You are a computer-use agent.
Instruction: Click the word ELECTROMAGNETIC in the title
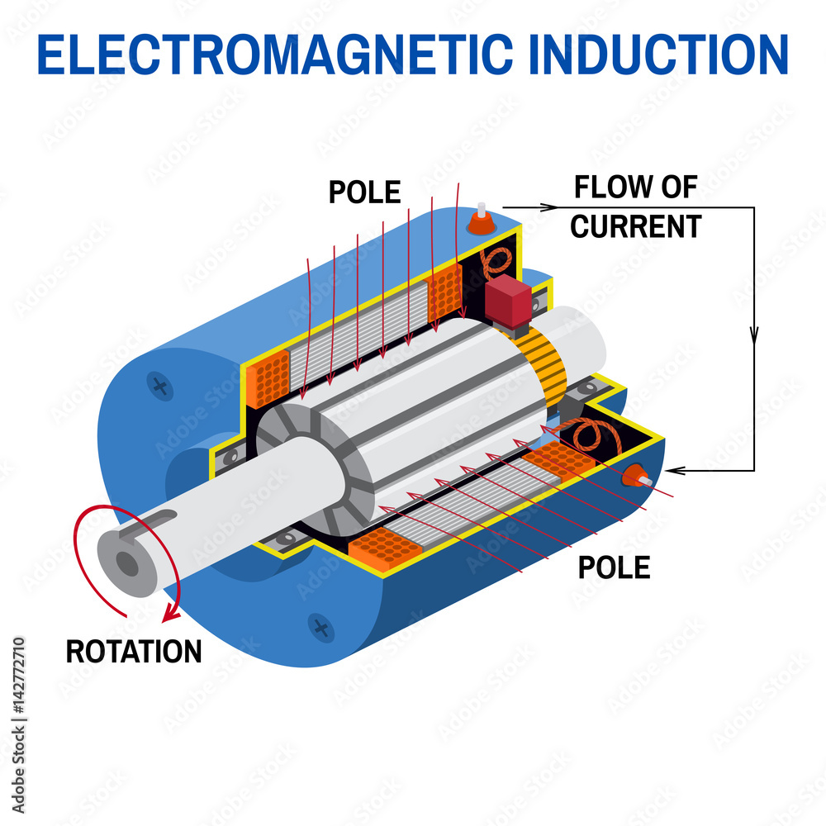coord(275,55)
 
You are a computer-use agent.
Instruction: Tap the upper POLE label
coord(364,192)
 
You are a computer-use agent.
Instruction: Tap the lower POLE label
coord(615,567)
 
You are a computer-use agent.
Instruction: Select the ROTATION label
coord(134,652)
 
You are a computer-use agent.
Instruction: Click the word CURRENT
coord(636,226)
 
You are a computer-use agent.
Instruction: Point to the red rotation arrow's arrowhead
coord(170,614)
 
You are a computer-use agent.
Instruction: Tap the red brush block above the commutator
coord(508,301)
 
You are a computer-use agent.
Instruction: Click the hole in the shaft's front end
coord(127,564)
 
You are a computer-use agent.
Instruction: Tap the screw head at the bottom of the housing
coord(320,628)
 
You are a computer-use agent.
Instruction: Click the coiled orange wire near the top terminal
coord(496,262)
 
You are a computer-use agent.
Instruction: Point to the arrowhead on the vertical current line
coord(754,335)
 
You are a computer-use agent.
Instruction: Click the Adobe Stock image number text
coord(18,725)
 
